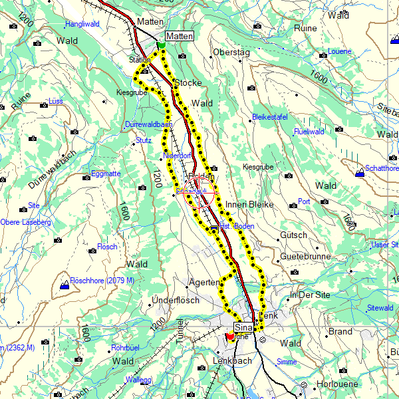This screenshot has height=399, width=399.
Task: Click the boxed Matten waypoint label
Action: [180, 36]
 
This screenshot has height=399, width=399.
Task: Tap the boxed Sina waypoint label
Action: [245, 328]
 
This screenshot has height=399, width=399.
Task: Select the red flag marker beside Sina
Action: [230, 336]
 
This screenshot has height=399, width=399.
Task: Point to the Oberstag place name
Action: [231, 52]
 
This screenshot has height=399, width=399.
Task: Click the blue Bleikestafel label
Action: [270, 117]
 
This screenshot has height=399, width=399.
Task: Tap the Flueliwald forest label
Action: [309, 132]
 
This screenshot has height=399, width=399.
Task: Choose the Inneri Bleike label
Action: [249, 204]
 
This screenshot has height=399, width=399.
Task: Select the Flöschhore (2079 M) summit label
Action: [102, 280]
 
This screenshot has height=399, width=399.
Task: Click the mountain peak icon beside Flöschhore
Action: [64, 285]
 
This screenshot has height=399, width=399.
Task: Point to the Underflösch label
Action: [176, 300]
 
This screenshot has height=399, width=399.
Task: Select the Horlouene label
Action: [337, 384]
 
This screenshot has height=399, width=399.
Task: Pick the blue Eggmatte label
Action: [106, 174]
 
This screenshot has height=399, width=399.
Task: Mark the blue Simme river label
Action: [287, 361]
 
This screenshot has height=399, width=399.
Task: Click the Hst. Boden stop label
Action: [235, 227]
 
